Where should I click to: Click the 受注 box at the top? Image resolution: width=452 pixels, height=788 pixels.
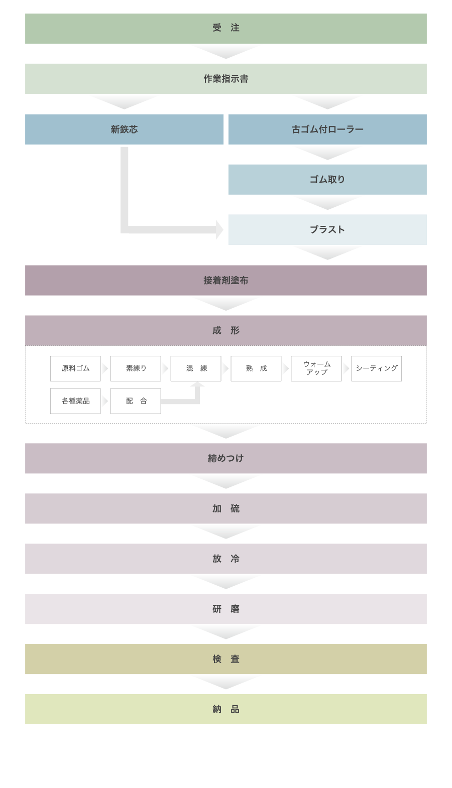tap(225, 29)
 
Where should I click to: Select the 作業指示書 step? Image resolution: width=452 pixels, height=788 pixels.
tap(225, 79)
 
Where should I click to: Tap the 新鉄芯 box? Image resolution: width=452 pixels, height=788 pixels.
tap(124, 129)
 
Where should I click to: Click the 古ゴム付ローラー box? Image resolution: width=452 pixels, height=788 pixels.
tap(327, 129)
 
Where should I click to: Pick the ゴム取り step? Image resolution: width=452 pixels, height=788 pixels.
tap(327, 180)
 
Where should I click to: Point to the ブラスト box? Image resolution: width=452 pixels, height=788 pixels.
tap(327, 230)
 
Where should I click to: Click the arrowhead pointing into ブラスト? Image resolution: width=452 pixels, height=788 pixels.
tap(219, 230)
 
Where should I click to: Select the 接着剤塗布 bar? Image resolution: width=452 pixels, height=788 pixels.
tap(225, 281)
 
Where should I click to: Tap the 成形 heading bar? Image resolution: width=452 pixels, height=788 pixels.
tap(225, 331)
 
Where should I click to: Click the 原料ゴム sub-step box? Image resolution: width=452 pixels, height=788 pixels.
tap(75, 369)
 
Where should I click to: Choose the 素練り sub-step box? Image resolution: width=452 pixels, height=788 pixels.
tap(136, 369)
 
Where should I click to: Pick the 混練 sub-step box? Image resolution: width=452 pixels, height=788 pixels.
tap(196, 369)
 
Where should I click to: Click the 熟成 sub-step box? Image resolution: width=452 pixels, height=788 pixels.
tap(256, 369)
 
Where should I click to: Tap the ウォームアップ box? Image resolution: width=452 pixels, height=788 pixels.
tap(316, 369)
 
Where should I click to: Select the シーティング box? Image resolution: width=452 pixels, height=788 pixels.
tap(376, 369)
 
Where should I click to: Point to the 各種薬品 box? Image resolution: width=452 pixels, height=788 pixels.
tap(75, 402)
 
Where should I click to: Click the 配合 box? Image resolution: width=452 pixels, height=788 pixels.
tap(136, 402)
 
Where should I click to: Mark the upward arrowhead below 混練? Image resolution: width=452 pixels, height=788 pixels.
tap(197, 384)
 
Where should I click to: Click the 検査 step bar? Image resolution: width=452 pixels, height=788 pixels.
tap(225, 659)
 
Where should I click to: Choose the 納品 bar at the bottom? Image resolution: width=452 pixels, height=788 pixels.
tap(225, 709)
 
